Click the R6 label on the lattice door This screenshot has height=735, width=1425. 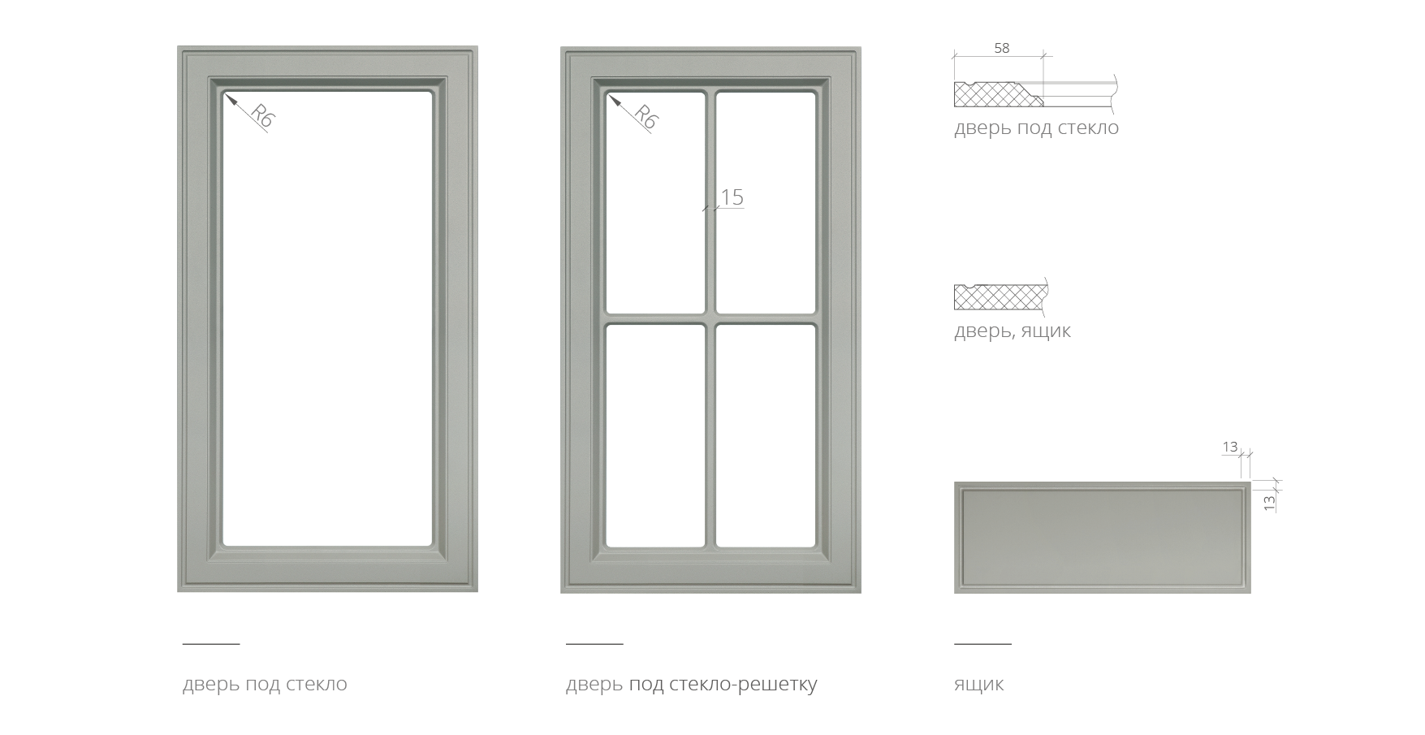[646, 117]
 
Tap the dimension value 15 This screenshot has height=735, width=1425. [732, 197]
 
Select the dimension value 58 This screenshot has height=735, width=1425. [1002, 48]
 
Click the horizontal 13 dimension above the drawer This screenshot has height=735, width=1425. [1230, 447]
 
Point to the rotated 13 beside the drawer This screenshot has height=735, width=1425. [1270, 503]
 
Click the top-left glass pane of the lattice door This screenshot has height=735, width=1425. [655, 202]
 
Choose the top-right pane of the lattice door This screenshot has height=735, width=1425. [766, 202]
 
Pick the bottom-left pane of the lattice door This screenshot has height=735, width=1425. [655, 435]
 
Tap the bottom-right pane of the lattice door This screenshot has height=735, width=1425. [766, 435]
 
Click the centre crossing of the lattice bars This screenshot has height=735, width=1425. [710, 319]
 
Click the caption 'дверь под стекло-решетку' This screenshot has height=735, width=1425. [691, 684]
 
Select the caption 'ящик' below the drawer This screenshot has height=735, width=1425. [978, 685]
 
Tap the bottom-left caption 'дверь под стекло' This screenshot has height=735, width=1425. [265, 684]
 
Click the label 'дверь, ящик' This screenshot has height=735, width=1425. [1012, 331]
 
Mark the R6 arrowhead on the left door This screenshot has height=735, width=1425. [230, 99]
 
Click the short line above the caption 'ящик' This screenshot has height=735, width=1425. [982, 643]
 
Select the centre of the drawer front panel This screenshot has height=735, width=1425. [1103, 537]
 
